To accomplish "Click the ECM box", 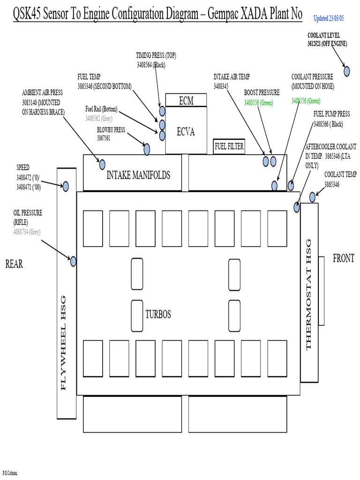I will [x=186, y=100].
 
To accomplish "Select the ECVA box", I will [x=186, y=132].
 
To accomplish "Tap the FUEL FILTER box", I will [x=229, y=147].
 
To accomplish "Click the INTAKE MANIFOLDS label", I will [x=138, y=175].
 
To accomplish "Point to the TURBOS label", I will [x=158, y=314].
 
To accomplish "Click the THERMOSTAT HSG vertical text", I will [x=308, y=294].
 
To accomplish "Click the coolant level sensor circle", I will [x=347, y=71].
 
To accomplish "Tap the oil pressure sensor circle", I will [x=73, y=262].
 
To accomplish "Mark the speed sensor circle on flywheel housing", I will [x=66, y=186].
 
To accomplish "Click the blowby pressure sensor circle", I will [x=147, y=149].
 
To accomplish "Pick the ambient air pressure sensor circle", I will [x=102, y=164].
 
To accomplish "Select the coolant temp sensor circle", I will [x=312, y=197].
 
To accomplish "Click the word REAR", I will [x=14, y=264].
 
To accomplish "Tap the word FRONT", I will [x=344, y=258].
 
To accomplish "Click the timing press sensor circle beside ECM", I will [x=162, y=111].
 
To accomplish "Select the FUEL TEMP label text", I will [x=89, y=77].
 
